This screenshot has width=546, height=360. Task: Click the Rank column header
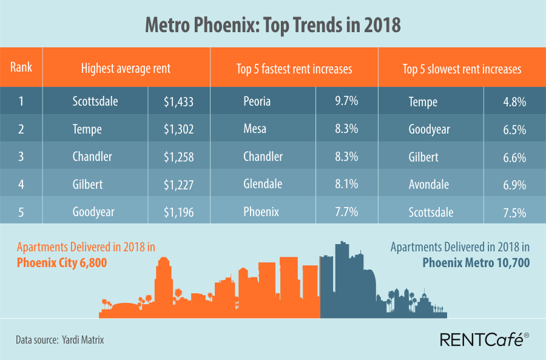21,67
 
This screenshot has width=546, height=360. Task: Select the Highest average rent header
126,69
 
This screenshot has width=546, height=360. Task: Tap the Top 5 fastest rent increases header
294,69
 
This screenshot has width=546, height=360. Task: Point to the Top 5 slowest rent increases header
462,69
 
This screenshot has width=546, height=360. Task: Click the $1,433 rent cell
178,101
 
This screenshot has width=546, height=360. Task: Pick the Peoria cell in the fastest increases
258,101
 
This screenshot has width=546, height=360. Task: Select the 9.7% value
346,101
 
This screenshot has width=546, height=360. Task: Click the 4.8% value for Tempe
514,101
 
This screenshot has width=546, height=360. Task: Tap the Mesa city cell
255,129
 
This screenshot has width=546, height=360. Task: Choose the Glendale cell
263,184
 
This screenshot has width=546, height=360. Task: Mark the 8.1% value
346,184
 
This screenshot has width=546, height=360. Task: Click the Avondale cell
428,184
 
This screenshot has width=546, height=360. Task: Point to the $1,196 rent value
178,212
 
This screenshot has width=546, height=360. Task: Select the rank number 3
21,157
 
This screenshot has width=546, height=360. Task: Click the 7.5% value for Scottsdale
514,212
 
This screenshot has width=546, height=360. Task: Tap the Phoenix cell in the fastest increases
261,212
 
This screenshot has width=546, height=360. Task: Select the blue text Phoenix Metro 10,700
476,263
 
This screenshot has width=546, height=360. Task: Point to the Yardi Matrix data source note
60,340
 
